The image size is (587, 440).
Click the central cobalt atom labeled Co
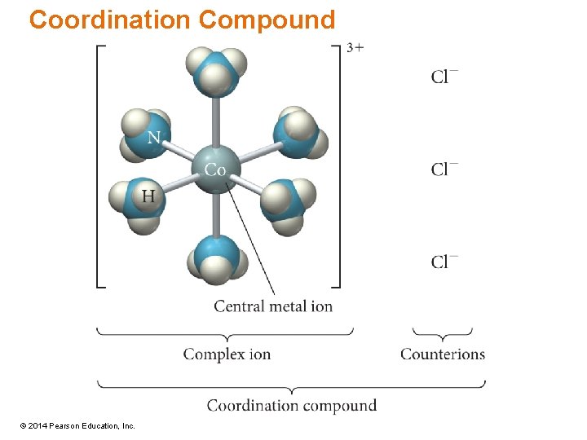coord(215,169)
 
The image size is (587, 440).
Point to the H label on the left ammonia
coord(148,196)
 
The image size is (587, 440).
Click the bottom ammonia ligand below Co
coord(216,261)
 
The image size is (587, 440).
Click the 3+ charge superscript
coord(355,47)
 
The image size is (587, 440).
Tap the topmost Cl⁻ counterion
coord(444,77)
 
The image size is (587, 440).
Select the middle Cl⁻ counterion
coord(444,169)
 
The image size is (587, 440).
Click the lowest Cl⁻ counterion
coord(444,262)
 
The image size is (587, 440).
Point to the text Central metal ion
coord(273,306)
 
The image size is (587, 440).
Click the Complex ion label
coord(227,354)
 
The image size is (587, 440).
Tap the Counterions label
coord(443,354)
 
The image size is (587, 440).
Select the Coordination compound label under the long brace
coord(291,405)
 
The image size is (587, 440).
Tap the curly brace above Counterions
coord(443,333)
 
